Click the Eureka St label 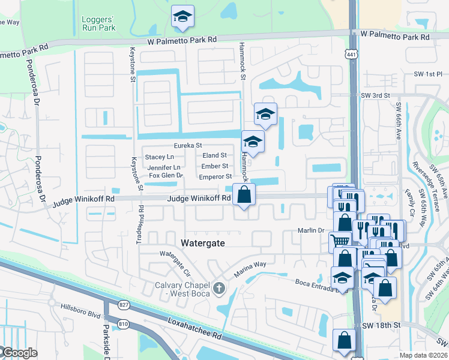click(x=188, y=145)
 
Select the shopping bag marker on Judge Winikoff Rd click(x=244, y=195)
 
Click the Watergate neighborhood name click(x=203, y=242)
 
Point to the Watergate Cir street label click(x=174, y=259)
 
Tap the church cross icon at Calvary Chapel click(x=220, y=288)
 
